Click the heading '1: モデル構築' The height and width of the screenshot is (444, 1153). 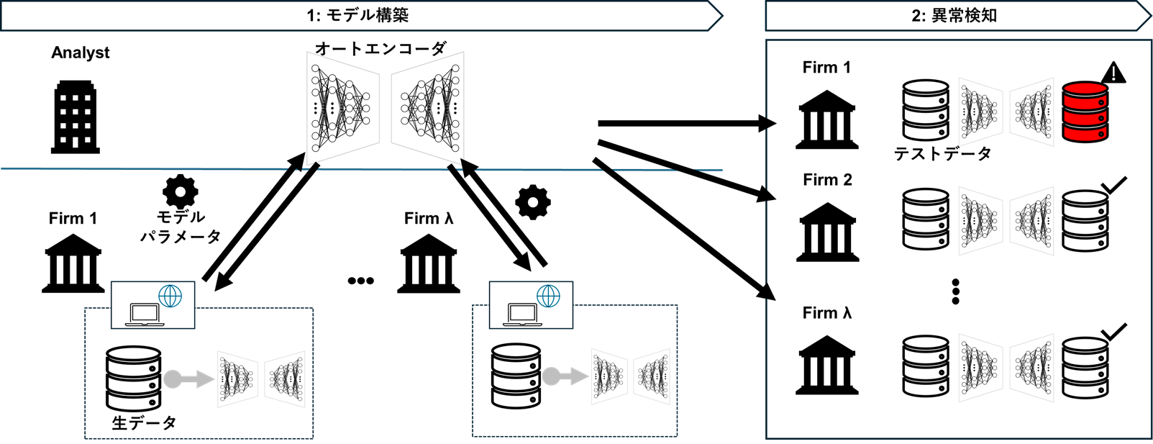357,15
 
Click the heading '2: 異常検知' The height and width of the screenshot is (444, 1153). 954,15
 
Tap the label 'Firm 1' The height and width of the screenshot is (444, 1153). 826,68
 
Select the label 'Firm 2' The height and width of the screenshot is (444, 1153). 827,180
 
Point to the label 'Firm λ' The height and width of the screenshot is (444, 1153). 827,313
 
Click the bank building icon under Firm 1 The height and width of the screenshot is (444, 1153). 827,119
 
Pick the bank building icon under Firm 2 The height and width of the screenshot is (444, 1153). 827,232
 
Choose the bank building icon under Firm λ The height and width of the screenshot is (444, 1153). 827,365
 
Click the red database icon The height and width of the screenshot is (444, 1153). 1085,112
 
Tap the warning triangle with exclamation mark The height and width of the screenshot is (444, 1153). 1113,73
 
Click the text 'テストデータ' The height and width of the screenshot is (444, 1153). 943,153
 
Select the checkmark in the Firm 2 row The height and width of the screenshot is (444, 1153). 1113,186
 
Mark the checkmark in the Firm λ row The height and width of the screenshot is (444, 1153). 1113,332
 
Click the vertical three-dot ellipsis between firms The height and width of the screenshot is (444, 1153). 955,291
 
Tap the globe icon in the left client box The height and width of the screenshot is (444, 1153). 170,296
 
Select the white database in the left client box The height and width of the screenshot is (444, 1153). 133,379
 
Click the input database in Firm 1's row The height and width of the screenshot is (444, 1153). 926,110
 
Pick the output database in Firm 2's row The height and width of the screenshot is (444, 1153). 1085,220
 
